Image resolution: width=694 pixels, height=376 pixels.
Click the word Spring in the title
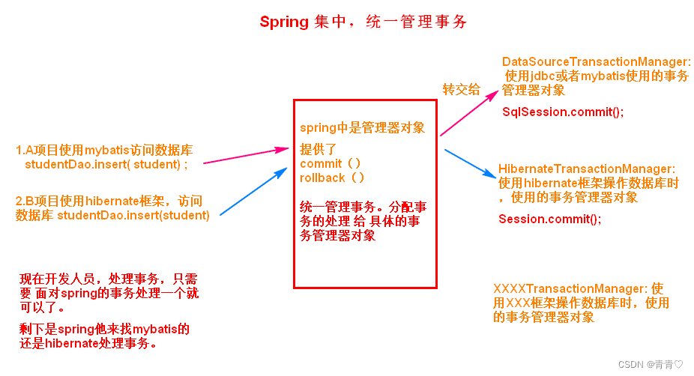click(284, 22)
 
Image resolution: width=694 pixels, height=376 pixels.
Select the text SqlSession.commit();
click(562, 112)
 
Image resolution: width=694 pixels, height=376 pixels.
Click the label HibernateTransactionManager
click(587, 170)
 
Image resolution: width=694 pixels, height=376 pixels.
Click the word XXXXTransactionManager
click(570, 289)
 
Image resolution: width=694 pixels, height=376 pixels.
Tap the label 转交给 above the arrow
click(462, 89)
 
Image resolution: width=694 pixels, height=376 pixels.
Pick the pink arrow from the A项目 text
click(246, 156)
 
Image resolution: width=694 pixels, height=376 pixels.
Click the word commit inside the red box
click(320, 163)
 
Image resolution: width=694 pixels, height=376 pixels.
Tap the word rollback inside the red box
click(323, 178)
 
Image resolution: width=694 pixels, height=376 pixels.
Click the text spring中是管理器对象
click(362, 127)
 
